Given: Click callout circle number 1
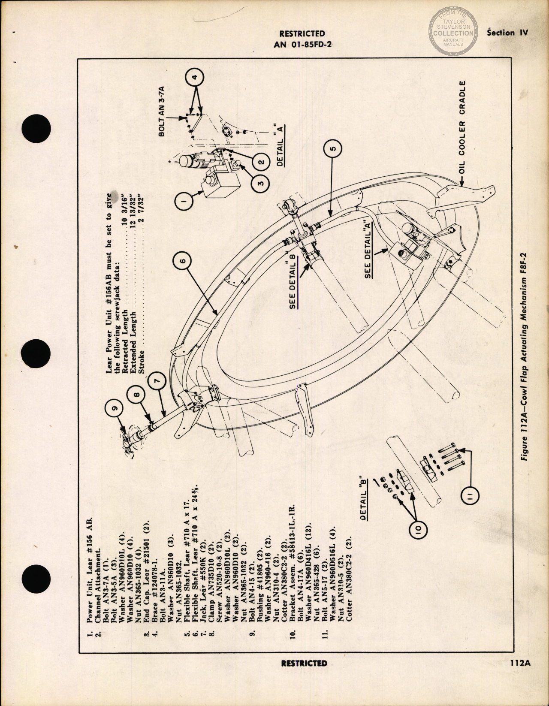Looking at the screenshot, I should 184,199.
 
